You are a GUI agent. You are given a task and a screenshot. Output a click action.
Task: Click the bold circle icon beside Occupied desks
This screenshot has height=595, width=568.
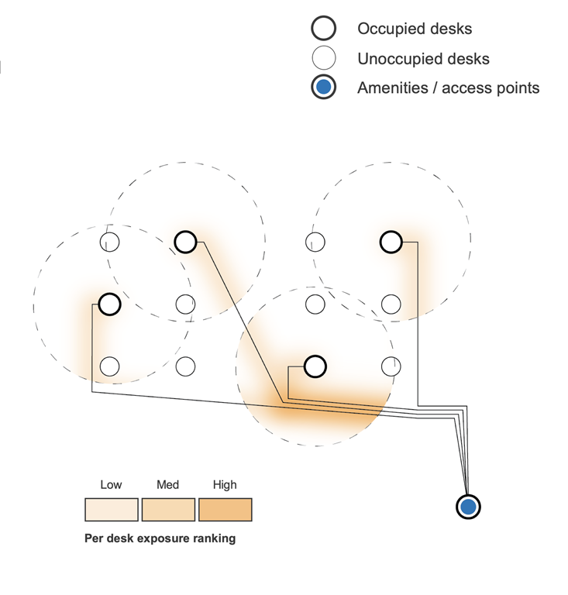pos(323,29)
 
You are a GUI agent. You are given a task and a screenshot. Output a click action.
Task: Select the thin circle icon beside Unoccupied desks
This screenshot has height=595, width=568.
pos(323,58)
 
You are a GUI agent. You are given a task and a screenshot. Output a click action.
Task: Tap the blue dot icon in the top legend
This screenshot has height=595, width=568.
pos(323,88)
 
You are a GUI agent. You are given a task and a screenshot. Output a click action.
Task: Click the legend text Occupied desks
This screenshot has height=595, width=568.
pos(415,29)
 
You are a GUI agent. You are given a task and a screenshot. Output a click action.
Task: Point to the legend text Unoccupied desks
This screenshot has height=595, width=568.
pos(423,59)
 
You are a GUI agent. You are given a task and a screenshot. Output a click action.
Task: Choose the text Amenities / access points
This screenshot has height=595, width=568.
pos(448,88)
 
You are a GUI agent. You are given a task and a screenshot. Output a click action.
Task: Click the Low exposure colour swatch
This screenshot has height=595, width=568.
pos(111,509)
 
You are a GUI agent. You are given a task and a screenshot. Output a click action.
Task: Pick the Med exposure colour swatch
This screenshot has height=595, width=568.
pos(167,509)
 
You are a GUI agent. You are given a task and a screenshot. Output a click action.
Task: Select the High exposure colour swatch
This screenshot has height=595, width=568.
pos(225,509)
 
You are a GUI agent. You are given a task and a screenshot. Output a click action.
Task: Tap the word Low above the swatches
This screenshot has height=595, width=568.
pos(111,485)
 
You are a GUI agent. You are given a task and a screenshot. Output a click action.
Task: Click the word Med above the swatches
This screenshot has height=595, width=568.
pos(167,485)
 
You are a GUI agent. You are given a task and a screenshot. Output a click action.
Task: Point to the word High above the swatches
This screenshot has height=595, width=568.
pos(225,485)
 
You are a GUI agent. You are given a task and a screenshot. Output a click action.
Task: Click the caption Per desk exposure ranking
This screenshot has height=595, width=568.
pos(160,538)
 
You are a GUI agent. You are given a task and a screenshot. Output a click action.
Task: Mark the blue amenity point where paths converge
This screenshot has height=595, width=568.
pos(468,507)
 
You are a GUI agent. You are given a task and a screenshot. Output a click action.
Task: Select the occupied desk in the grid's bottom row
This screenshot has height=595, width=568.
pos(315,366)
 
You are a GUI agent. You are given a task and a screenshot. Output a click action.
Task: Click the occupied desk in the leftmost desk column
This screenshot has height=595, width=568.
pos(110,304)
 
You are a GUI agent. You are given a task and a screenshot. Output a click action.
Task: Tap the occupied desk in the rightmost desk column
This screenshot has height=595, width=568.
pos(391,242)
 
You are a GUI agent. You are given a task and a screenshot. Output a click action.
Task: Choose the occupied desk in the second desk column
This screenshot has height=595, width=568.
pos(185,242)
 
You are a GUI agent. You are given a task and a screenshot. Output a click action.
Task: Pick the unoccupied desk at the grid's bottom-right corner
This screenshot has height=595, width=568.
pos(391,366)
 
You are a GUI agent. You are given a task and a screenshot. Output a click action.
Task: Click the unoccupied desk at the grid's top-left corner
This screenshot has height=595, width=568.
pos(110,242)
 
